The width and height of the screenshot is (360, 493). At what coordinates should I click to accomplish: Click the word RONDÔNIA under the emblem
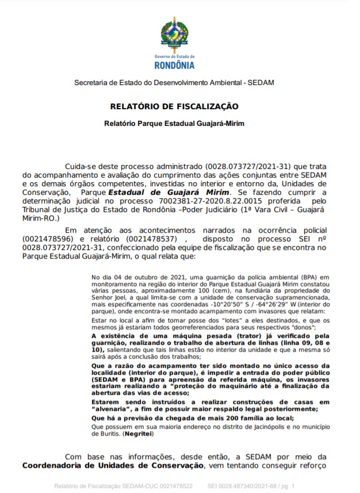click(175, 64)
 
